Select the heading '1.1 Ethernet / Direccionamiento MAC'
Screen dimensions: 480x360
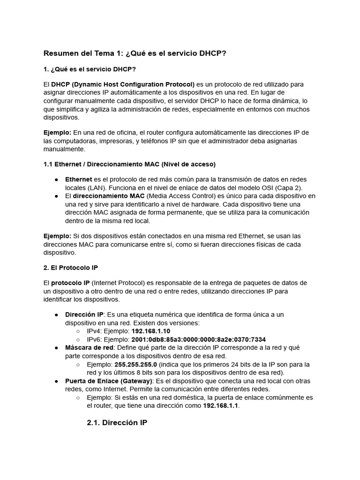pos(129,164)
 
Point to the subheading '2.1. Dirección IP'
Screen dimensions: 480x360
pos(117,423)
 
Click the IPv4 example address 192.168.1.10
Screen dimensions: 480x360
pos(150,331)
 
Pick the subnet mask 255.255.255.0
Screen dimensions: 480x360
pos(137,364)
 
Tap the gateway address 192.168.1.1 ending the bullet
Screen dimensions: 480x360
pos(221,405)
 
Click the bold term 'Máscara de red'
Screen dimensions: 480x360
pos(89,348)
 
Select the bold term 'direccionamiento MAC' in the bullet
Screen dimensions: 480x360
pos(109,196)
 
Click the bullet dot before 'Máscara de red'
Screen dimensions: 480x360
pos(56,348)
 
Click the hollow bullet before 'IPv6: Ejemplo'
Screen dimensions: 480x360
pos(78,339)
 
